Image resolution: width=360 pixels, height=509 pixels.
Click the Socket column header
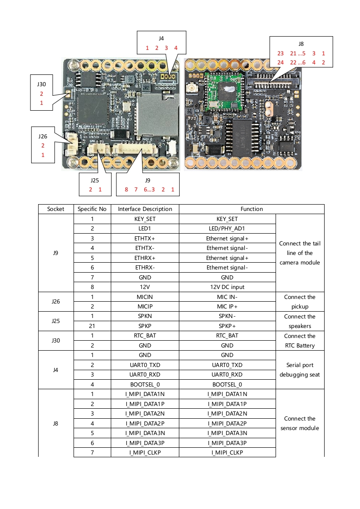(x=56, y=209)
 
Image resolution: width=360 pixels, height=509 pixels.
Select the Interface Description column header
(x=145, y=209)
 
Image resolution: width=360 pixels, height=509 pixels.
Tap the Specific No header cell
(x=92, y=209)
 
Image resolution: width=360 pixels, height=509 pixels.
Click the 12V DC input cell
(x=227, y=287)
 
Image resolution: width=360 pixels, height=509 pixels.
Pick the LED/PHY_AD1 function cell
(x=227, y=229)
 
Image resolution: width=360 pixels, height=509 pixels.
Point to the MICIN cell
(x=145, y=297)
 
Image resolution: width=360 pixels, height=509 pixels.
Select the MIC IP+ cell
(x=227, y=307)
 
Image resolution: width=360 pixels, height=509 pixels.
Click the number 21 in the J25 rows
(x=92, y=326)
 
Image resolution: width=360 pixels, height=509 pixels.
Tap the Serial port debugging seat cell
(x=300, y=370)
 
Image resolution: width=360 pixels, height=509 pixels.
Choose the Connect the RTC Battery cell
(x=300, y=341)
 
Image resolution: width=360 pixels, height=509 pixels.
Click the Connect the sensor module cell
(x=300, y=423)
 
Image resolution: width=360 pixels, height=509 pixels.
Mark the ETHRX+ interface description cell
(x=145, y=258)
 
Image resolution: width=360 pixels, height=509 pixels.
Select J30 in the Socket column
(x=56, y=341)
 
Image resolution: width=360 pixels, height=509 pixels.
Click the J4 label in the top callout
(x=162, y=39)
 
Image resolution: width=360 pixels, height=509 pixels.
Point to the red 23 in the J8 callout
(x=281, y=54)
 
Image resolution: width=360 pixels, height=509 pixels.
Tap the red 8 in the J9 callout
(x=126, y=190)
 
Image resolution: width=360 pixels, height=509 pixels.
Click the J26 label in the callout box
(x=43, y=136)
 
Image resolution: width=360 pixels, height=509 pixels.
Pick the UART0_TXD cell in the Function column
(x=227, y=365)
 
